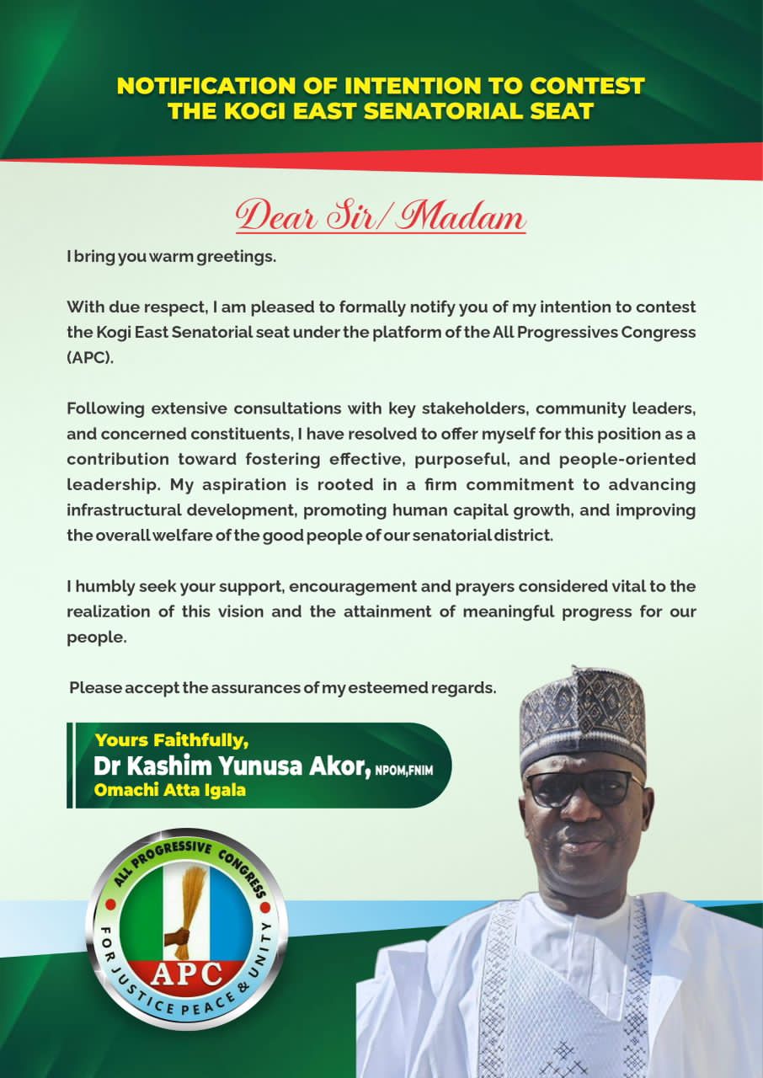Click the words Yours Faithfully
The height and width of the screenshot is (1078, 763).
[x=172, y=740]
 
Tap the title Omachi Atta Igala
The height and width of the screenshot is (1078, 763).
[x=170, y=790]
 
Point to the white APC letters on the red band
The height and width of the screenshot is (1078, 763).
[x=187, y=974]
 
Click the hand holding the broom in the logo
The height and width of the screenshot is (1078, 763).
[x=179, y=937]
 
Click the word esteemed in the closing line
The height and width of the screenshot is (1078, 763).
[x=386, y=688]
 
